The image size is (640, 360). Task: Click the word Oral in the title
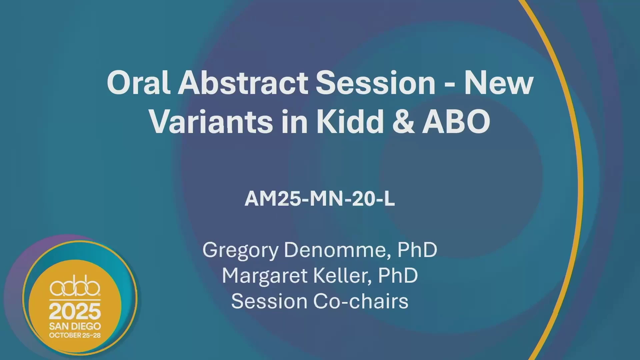point(139,82)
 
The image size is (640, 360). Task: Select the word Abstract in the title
point(244,82)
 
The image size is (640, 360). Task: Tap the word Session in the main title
point(376,82)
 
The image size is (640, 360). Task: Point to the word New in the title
point(499,83)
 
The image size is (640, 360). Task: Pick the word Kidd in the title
point(350,121)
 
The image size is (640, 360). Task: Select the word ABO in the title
point(456,121)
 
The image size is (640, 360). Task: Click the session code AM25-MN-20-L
point(320,199)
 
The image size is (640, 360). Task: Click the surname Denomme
point(337,250)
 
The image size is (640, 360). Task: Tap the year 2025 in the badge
point(75,311)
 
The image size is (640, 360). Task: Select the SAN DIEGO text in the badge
point(75,326)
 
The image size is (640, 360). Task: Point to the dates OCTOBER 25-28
point(75,335)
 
